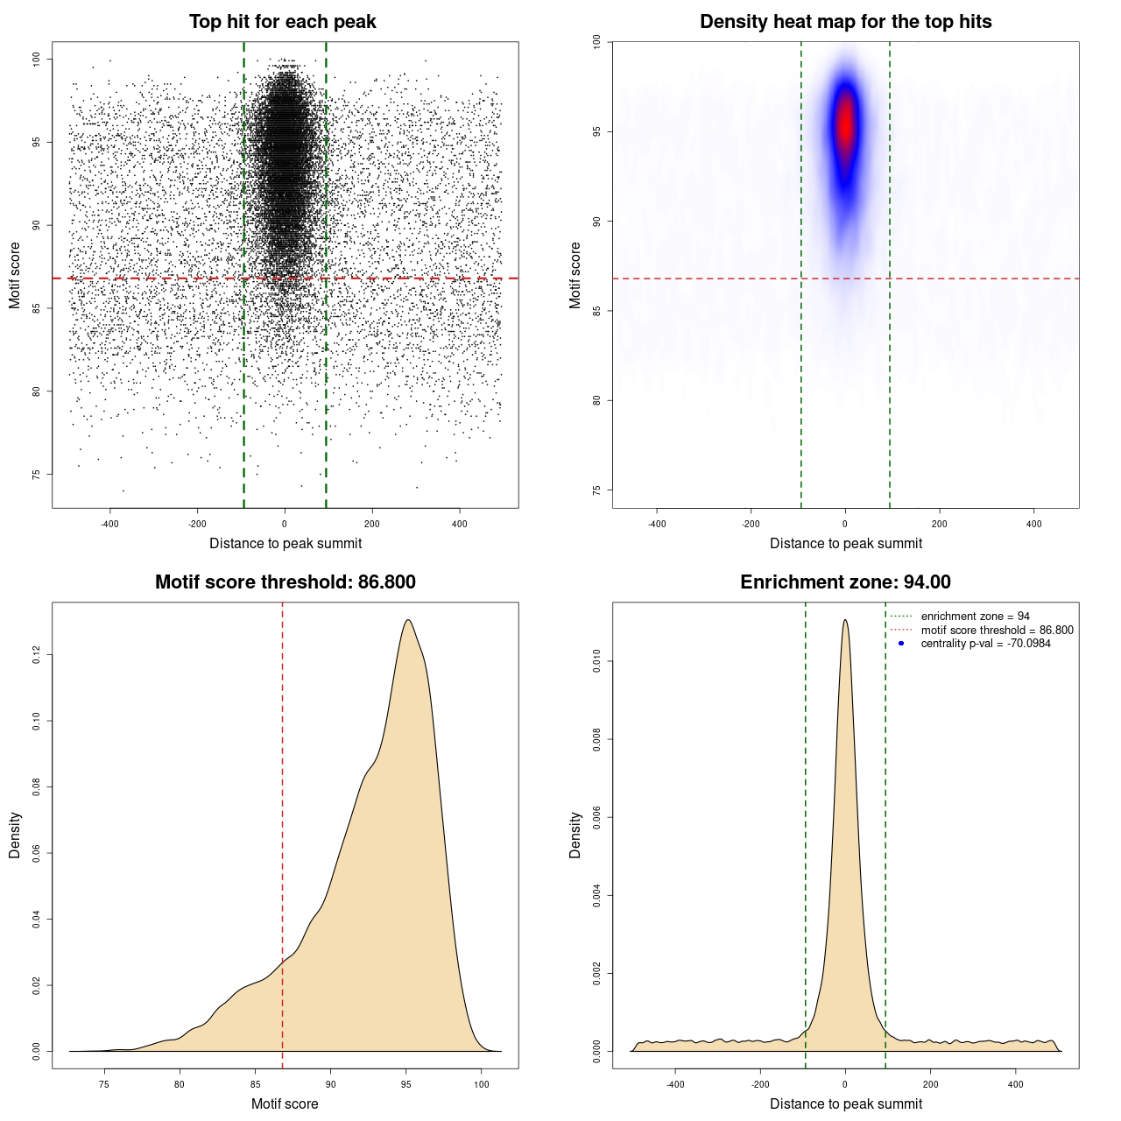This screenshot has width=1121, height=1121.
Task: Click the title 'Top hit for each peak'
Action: coord(282,22)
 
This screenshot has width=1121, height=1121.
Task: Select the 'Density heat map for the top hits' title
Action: coord(845,22)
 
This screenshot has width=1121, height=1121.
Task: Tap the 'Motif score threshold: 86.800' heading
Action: coord(285,582)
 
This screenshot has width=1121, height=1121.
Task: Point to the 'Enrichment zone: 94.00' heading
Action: coord(845,582)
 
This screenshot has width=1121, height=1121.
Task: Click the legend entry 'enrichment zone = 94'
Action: coord(975,617)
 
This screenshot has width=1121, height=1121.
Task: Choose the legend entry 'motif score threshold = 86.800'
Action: coord(997,630)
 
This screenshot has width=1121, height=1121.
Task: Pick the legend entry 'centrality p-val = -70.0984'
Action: coord(985,644)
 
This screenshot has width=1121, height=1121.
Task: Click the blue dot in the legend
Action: coord(901,644)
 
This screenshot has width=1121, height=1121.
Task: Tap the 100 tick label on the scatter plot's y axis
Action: coord(37,59)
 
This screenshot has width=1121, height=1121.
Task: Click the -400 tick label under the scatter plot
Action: coord(109,524)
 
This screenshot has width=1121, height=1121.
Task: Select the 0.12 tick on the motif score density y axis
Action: coord(37,655)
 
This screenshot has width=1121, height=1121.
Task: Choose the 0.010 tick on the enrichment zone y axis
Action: coord(597,661)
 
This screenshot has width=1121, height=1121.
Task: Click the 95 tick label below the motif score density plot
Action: coord(405,1084)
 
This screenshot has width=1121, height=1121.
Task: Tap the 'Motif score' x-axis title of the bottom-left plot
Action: coord(285,1103)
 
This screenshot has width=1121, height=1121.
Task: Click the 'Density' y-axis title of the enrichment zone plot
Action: coord(575,835)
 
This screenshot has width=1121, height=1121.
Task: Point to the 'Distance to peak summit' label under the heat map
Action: coord(845,543)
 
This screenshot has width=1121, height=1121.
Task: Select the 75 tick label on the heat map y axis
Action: coord(597,490)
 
